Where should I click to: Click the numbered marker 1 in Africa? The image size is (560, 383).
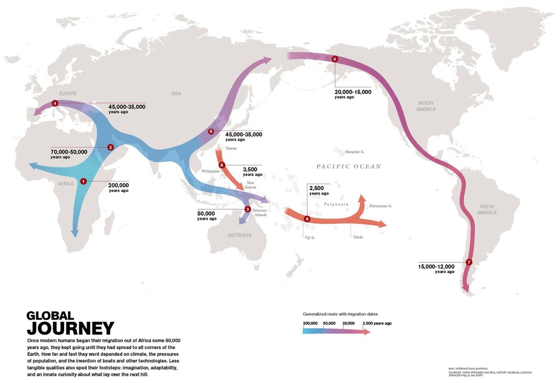(x=83, y=181)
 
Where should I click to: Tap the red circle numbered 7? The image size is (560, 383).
(x=469, y=262)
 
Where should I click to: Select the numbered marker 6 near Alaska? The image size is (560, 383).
(x=335, y=59)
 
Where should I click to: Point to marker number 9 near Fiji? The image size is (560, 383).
(x=307, y=219)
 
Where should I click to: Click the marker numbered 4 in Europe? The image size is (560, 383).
(x=55, y=103)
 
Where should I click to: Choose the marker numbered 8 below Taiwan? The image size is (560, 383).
(x=221, y=165)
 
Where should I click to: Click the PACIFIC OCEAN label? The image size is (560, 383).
(x=348, y=166)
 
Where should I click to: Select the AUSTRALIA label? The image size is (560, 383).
(x=239, y=235)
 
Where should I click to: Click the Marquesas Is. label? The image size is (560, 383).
(x=381, y=206)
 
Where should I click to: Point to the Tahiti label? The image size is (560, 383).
(x=357, y=237)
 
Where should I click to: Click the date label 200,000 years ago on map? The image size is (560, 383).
(x=119, y=187)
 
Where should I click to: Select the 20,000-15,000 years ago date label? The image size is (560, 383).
(x=353, y=94)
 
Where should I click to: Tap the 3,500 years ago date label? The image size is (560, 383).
(x=252, y=172)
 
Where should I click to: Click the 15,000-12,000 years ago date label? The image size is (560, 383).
(x=436, y=268)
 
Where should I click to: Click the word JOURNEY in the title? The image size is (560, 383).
(x=71, y=328)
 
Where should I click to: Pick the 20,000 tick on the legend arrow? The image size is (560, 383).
(x=348, y=323)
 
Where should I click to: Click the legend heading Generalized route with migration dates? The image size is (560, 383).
(x=340, y=314)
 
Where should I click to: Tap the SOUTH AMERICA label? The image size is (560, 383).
(x=486, y=209)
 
